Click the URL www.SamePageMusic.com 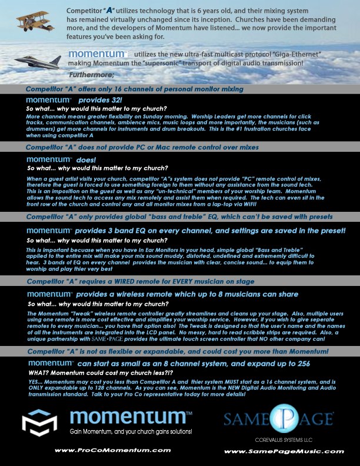click(284, 451)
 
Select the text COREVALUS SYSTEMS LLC click(279, 438)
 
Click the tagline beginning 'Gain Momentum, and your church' click(130, 432)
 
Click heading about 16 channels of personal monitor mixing click(134, 89)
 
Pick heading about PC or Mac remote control click(142, 147)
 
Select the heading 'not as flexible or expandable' click(176, 351)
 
